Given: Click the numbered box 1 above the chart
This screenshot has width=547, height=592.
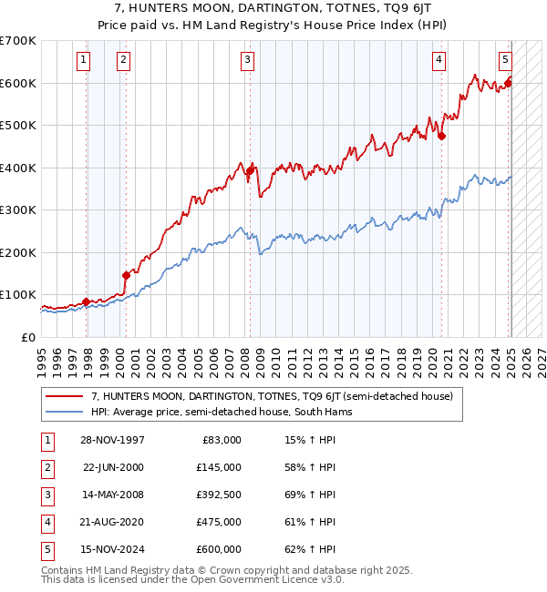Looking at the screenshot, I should (x=83, y=60).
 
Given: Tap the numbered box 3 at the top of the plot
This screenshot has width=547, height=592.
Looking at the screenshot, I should (x=247, y=60).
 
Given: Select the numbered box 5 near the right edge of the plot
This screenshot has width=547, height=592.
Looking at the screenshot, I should (x=505, y=60).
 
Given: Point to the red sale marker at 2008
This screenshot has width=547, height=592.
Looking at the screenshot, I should (x=250, y=170).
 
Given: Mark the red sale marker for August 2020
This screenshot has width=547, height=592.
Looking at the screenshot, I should (x=441, y=136).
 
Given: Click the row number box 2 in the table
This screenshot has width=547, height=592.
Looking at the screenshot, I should (x=46, y=467).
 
